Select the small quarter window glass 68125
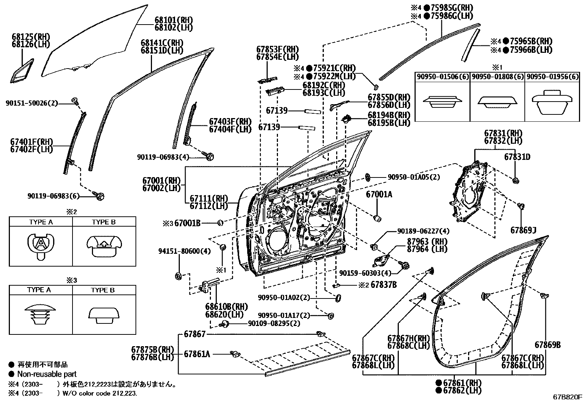pos(22,71)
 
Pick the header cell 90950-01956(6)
pos(553,77)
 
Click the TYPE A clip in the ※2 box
pos(41,245)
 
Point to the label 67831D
pos(517,157)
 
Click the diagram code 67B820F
pos(567,397)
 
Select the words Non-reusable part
pos(47,374)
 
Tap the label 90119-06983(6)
pos(53,196)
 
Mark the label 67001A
pos(379,194)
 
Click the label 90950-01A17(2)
pos(284,315)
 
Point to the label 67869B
pos(547,345)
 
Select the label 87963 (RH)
pos(427,242)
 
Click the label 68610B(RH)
pos(226,306)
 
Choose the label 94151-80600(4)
pos(184,251)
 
